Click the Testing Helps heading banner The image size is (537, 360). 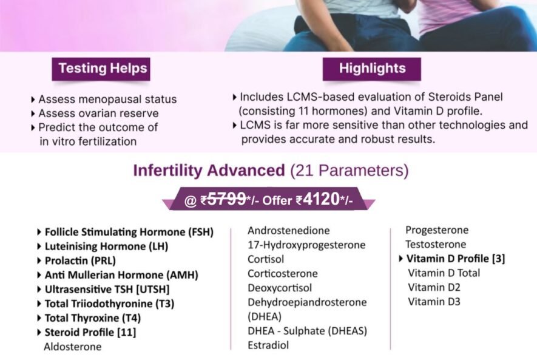point(101,69)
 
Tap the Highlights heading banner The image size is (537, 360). point(372,69)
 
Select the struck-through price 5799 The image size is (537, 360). point(227,199)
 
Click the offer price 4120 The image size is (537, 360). point(321,199)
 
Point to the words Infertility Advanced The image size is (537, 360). point(209,170)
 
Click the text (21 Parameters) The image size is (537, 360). point(350,171)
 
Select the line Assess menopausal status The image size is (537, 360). point(107,100)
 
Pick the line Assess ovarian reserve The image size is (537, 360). point(99,114)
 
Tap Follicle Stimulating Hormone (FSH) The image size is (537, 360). point(129,233)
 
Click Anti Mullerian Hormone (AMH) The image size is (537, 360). point(121,275)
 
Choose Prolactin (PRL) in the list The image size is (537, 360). point(80,261)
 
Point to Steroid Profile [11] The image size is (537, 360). point(90,333)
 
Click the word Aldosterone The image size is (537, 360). point(73,347)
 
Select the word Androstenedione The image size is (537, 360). point(289,231)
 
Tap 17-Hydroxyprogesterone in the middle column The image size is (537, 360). point(306,245)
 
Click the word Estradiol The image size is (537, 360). point(268,345)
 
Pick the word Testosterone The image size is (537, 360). point(436,244)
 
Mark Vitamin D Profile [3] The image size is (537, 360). point(456,259)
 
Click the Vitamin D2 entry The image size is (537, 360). point(434,287)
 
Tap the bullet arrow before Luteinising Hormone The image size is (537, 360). point(39,246)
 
